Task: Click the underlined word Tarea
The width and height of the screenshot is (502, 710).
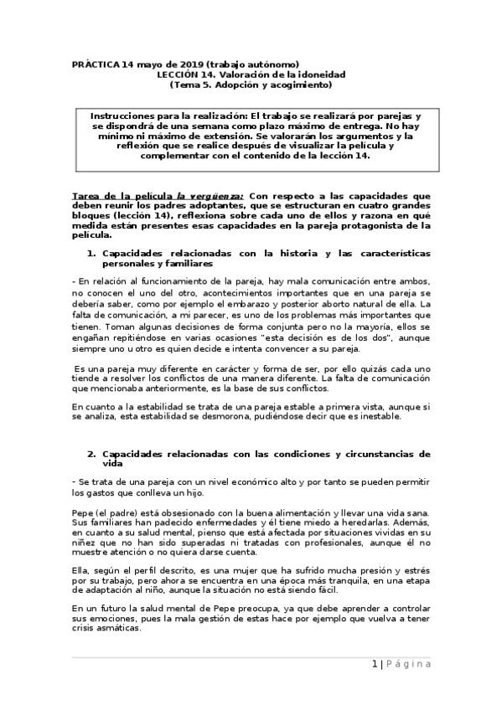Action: (88, 195)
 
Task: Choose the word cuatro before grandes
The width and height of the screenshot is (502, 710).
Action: (373, 206)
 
